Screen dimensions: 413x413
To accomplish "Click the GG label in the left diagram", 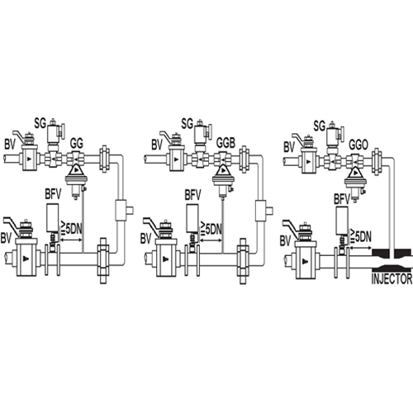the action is (77, 144).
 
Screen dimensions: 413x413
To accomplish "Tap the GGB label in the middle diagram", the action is (225, 143).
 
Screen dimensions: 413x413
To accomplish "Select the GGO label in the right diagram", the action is (358, 145).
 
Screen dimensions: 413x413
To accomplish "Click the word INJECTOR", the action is (392, 279).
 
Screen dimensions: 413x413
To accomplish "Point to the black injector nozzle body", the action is (392, 259).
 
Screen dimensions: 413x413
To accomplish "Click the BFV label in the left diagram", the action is (54, 194).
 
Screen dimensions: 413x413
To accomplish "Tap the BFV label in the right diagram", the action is (342, 199).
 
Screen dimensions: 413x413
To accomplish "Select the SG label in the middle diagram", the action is (188, 123).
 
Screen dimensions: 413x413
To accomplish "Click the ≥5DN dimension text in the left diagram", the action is (71, 228).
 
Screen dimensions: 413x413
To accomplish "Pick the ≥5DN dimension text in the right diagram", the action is (360, 236).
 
